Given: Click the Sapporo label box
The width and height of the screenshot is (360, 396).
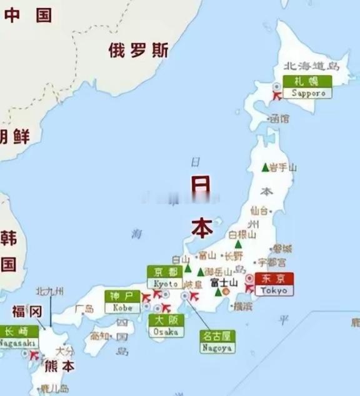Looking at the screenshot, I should (x=307, y=87).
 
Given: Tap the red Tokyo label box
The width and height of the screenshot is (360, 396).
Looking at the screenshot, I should (x=274, y=285).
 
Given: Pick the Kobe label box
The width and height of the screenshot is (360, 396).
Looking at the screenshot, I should (x=122, y=302).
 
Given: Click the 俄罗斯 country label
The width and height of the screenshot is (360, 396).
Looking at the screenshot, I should (x=138, y=51).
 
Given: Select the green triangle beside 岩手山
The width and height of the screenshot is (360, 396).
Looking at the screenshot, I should (x=265, y=167).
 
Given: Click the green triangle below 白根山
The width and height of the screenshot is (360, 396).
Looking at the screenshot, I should (x=238, y=244).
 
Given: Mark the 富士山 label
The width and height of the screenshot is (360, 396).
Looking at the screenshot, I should (x=224, y=282).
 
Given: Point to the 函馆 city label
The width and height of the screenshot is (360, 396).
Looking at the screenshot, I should (x=279, y=119).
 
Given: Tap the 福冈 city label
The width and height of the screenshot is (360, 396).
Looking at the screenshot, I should (x=27, y=311).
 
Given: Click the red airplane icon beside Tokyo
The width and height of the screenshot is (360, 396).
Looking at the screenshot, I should (x=249, y=288).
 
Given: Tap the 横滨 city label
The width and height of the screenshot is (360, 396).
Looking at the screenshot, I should (x=242, y=306).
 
